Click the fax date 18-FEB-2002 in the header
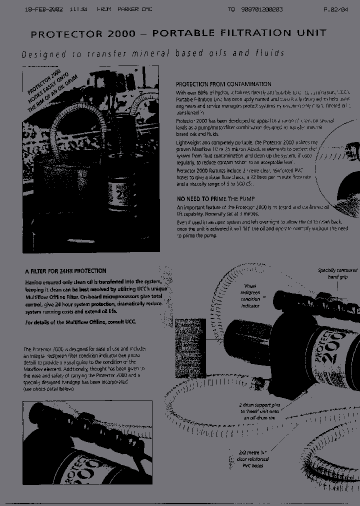43,9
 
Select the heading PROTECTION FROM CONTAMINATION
223,84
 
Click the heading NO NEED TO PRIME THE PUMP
215,199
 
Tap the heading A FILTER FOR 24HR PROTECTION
65,271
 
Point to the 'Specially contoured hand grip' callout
337,273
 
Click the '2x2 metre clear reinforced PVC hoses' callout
254,459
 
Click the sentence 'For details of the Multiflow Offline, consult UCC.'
80,322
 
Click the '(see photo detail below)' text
49,388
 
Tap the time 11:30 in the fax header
78,9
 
